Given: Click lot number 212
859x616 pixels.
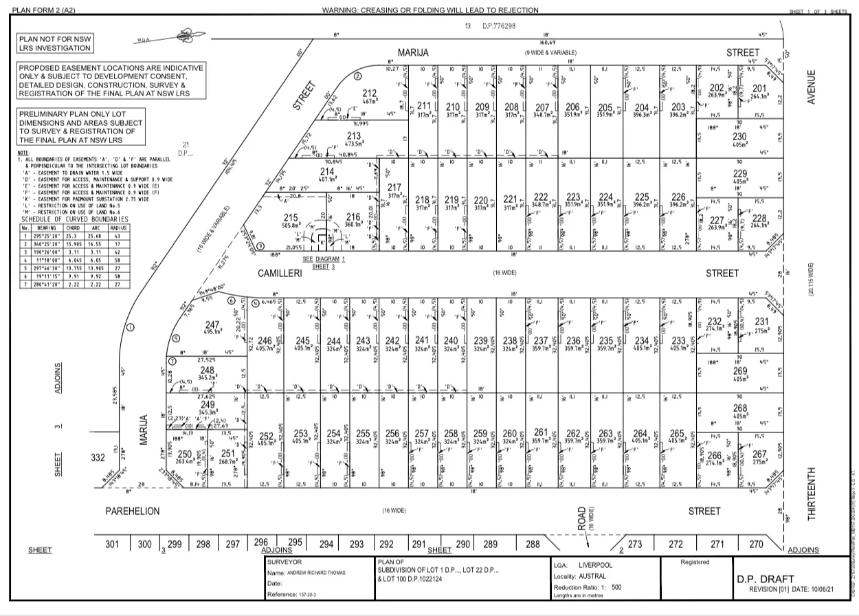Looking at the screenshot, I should [x=370, y=94].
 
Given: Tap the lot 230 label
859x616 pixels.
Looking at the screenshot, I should [x=739, y=136].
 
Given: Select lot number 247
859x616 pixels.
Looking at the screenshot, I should [x=212, y=324].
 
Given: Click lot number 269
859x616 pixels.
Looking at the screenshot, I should [x=739, y=371].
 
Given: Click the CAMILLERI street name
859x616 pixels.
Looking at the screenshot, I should [x=280, y=273].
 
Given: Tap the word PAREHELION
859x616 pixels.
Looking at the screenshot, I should [x=132, y=511].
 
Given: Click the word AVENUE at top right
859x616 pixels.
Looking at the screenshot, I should [x=812, y=87].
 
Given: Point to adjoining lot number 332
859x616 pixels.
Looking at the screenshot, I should [x=99, y=458].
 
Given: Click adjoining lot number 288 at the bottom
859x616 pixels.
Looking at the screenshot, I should [x=533, y=544].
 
